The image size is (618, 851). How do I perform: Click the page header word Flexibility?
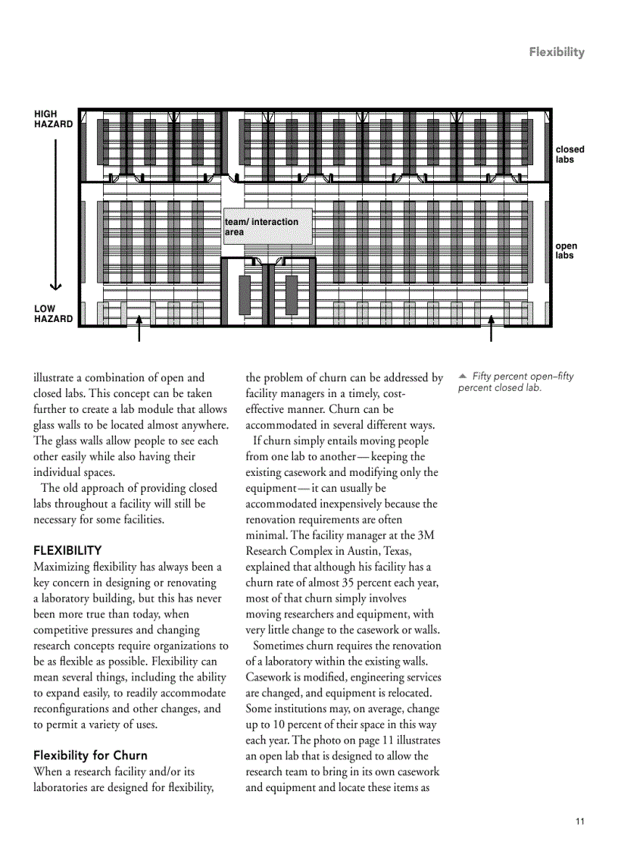click(x=557, y=52)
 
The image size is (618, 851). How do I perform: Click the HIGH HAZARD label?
click(x=53, y=119)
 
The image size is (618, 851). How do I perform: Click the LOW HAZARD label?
click(x=53, y=314)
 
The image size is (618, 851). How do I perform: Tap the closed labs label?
click(x=570, y=155)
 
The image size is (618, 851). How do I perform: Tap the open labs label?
click(x=565, y=251)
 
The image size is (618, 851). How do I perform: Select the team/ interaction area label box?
click(x=267, y=227)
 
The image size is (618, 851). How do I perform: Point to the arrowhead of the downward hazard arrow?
click(x=55, y=286)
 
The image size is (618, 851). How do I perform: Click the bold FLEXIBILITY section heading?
click(x=67, y=551)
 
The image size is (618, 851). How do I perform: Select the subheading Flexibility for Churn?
click(x=90, y=756)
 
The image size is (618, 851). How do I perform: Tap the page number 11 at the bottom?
click(x=580, y=821)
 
